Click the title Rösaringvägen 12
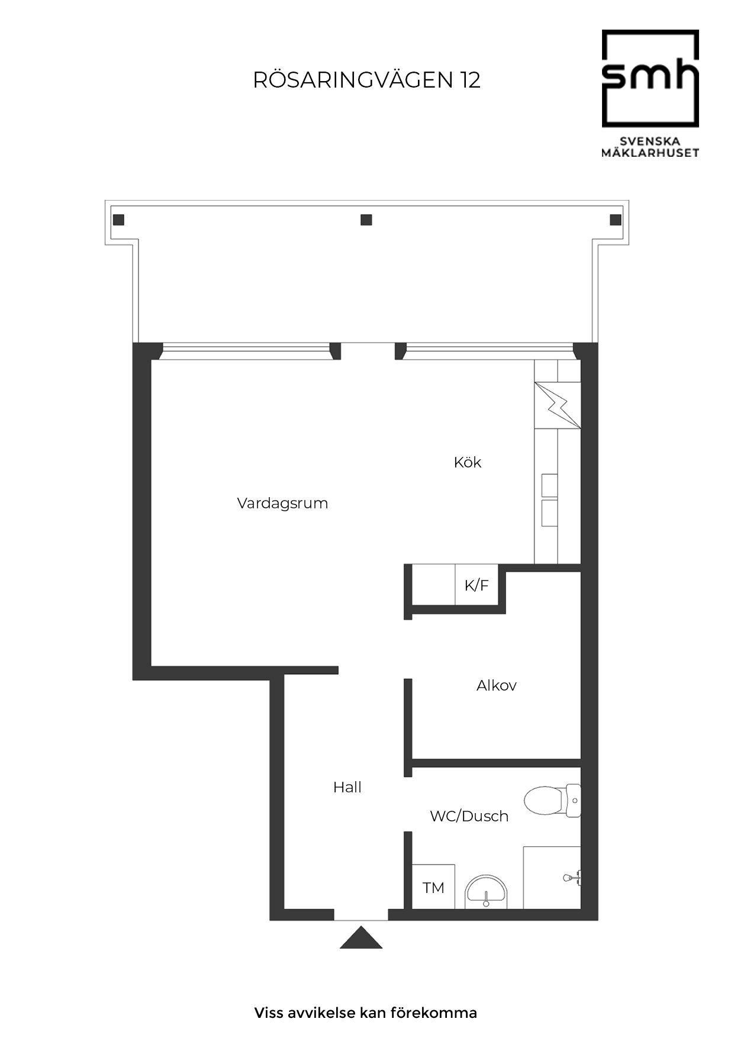click(366, 80)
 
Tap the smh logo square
click(650, 78)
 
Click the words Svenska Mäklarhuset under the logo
click(650, 147)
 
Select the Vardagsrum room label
click(282, 503)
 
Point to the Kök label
click(468, 462)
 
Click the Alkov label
click(496, 685)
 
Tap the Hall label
click(347, 787)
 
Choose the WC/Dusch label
click(469, 816)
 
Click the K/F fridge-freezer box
click(477, 585)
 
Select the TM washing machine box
click(433, 887)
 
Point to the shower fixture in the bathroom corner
click(572, 878)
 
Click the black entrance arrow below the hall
click(361, 939)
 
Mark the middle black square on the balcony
click(366, 220)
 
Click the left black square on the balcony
click(118, 220)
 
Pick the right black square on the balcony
click(616, 220)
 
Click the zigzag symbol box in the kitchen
click(557, 405)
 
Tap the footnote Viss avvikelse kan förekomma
click(366, 1013)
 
